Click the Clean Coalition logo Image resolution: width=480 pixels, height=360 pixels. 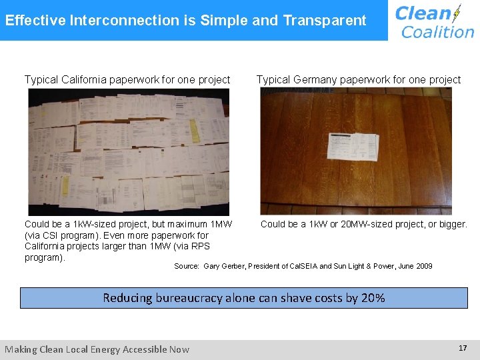click(433, 21)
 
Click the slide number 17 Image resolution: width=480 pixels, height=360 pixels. click(462, 348)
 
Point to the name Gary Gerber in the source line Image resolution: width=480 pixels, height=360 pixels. click(224, 266)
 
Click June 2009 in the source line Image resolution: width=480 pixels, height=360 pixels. click(415, 266)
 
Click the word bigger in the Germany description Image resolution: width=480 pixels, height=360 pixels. click(452, 224)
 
